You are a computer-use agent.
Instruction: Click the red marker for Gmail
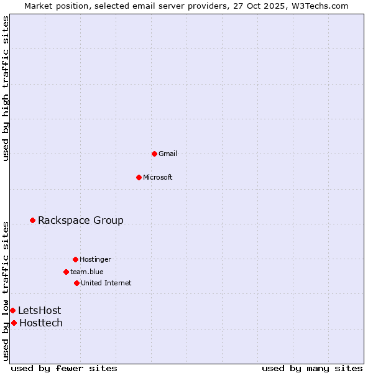pyautogui.click(x=154, y=154)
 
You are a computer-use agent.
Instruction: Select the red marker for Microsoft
pyautogui.click(x=139, y=177)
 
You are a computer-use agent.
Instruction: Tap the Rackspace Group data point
pyautogui.click(x=32, y=220)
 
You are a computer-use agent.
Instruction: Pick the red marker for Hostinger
pyautogui.click(x=75, y=259)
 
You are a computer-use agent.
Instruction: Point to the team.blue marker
pyautogui.click(x=66, y=272)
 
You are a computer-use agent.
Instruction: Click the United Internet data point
pyautogui.click(x=76, y=283)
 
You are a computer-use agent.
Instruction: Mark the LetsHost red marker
pyautogui.click(x=12, y=310)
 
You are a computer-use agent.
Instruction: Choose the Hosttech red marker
pyautogui.click(x=14, y=323)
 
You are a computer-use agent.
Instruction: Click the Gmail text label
pyautogui.click(x=168, y=154)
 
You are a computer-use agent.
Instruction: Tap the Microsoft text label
pyautogui.click(x=158, y=177)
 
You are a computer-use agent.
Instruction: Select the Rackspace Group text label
pyautogui.click(x=81, y=220)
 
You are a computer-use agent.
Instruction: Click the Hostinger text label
pyautogui.click(x=95, y=259)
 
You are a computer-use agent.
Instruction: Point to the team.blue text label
pyautogui.click(x=87, y=272)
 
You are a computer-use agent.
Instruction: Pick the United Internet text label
pyautogui.click(x=106, y=283)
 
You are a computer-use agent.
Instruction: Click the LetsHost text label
pyautogui.click(x=39, y=310)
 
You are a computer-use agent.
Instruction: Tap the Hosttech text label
pyautogui.click(x=41, y=323)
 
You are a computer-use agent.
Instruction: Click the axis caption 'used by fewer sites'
pyautogui.click(x=64, y=368)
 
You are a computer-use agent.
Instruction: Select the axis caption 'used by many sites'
pyautogui.click(x=312, y=368)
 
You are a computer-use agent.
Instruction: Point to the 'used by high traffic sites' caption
pyautogui.click(x=6, y=88)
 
